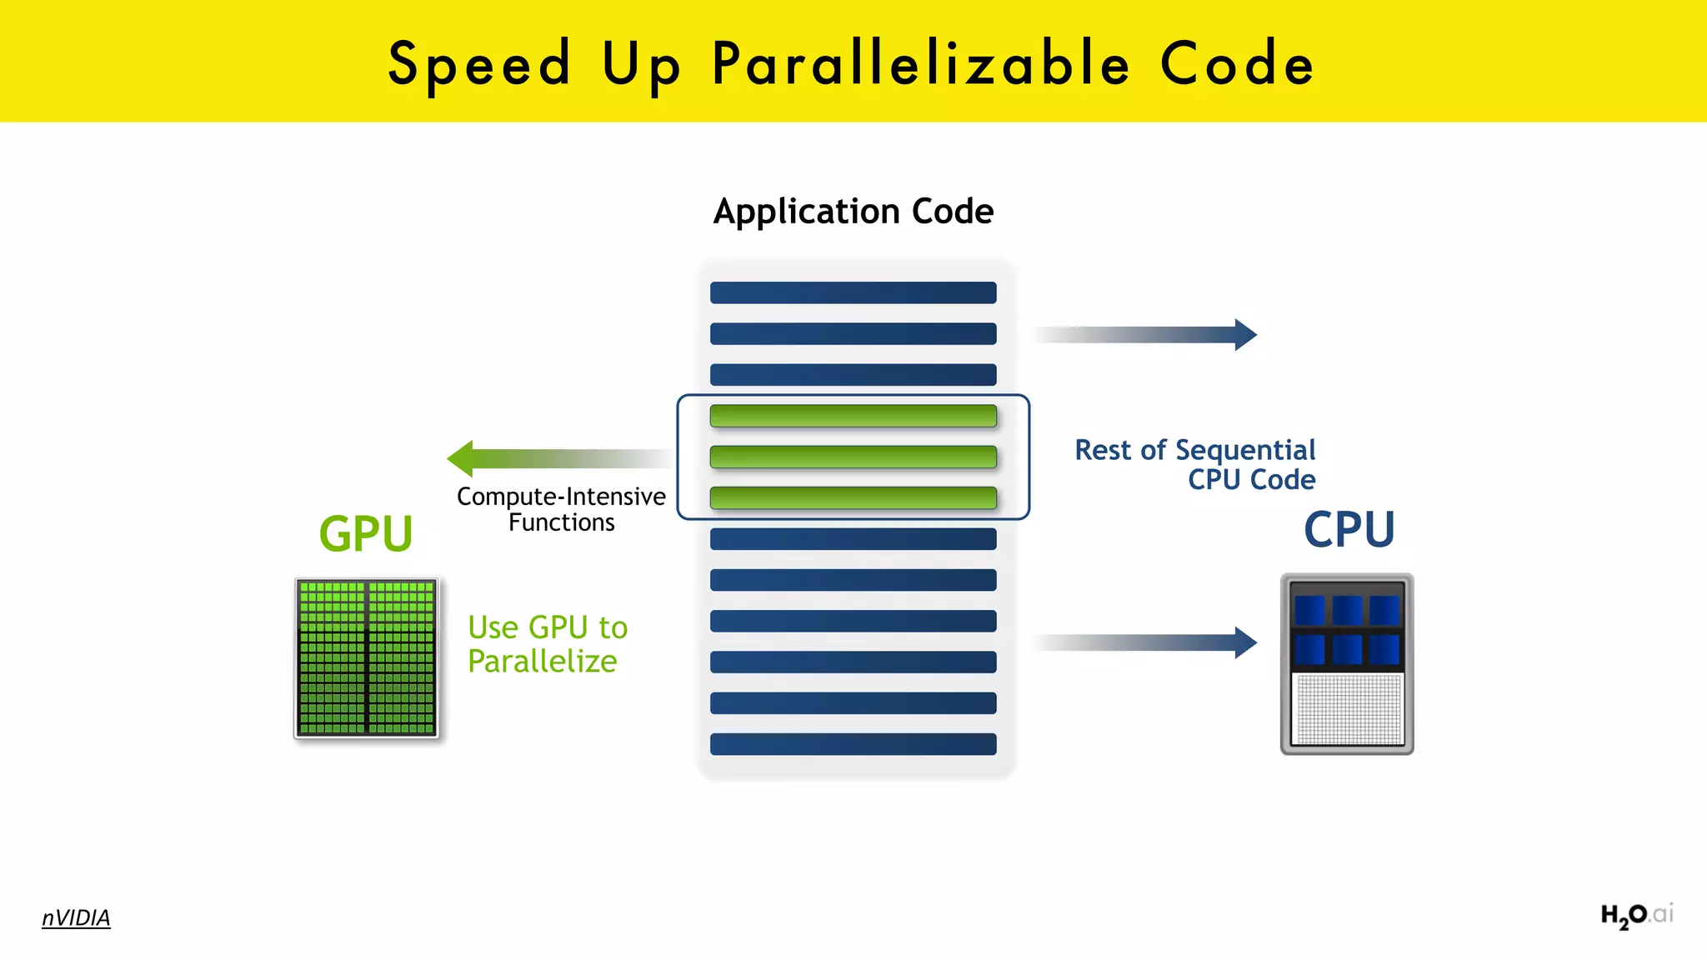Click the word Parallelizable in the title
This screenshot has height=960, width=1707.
921,65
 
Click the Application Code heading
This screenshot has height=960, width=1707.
853,212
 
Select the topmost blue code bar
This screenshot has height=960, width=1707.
853,292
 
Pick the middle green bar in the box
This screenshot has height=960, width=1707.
853,457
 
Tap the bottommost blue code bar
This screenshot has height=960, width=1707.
853,744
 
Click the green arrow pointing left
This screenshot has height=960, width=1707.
550,458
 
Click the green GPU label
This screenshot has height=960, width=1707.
366,534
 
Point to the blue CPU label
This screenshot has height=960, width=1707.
1349,530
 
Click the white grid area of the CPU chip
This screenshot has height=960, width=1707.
1347,708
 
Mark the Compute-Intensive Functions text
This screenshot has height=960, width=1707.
561,509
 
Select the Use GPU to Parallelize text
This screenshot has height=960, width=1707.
547,644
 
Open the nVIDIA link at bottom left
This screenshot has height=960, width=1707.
76,917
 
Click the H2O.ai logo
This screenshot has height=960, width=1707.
1635,916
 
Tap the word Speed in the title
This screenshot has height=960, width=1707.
479,65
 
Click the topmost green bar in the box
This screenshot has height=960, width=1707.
853,416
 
